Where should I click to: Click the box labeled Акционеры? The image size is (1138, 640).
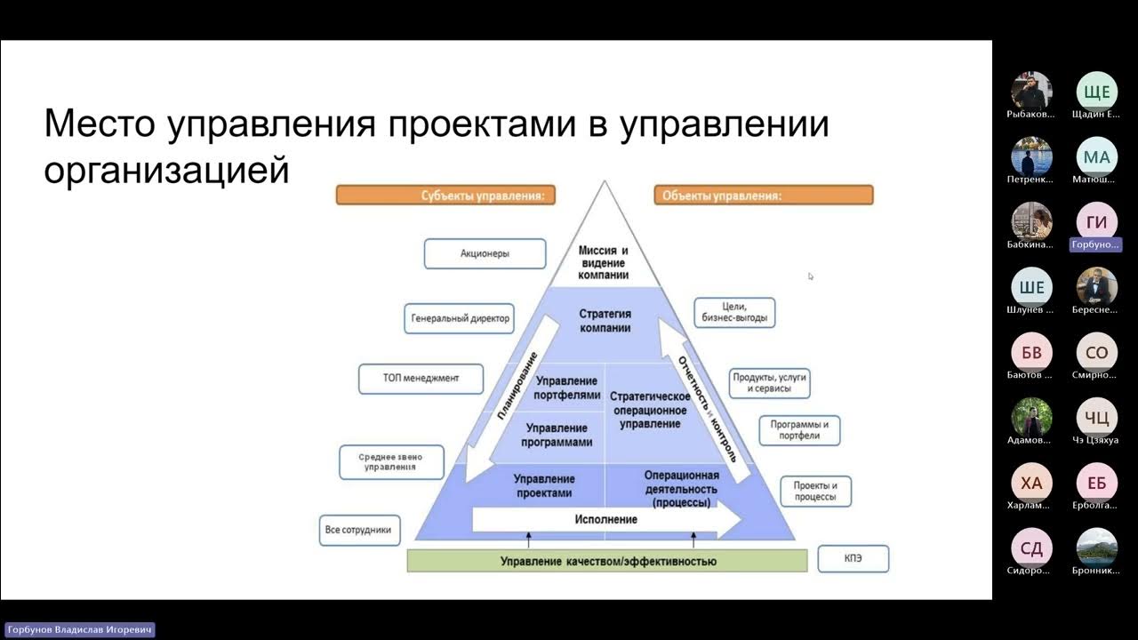click(x=485, y=253)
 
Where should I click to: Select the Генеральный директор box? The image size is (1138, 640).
click(x=461, y=317)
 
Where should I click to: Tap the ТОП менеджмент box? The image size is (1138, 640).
click(x=421, y=379)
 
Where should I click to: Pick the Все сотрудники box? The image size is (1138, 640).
click(x=357, y=530)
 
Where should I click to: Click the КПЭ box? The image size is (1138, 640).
click(x=853, y=558)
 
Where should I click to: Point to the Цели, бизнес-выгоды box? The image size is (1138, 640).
click(x=733, y=312)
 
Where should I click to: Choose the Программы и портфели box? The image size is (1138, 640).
click(x=799, y=430)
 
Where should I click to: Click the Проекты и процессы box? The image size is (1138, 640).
click(x=815, y=492)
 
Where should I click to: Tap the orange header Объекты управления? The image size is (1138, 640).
click(x=764, y=196)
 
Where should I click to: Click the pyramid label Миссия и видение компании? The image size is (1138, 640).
click(x=604, y=263)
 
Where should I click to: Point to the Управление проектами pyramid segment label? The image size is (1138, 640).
click(x=543, y=485)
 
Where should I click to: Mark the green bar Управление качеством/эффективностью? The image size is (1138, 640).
click(x=607, y=561)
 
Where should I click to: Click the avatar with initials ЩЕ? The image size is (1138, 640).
click(x=1097, y=92)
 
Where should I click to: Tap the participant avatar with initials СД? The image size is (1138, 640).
click(x=1031, y=548)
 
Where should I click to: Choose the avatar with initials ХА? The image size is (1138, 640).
click(x=1031, y=483)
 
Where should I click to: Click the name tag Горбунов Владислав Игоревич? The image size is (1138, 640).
click(x=78, y=629)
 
